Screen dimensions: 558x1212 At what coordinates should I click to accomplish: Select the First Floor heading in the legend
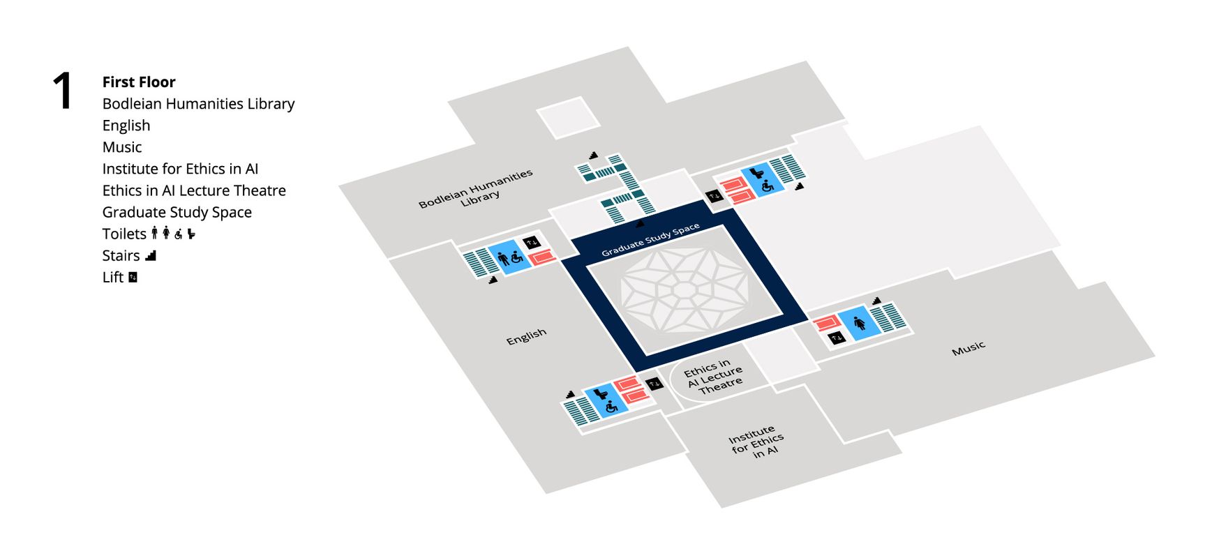pos(139,82)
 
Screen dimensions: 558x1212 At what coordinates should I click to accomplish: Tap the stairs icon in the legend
pos(151,255)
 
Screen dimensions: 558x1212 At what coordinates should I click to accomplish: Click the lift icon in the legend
pos(133,277)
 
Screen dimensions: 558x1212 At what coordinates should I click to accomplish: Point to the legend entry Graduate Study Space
pos(177,212)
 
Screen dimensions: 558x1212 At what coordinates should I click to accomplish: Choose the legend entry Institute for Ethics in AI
pos(180,169)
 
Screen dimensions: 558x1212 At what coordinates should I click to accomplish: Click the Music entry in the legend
pos(122,147)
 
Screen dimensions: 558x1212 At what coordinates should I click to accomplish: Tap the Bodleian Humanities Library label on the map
pos(477,190)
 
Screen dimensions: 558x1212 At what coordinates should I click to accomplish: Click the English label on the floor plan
pos(526,337)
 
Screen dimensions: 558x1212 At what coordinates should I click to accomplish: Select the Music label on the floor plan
pos(968,348)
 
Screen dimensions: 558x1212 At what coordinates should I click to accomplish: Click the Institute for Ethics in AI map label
pos(756,442)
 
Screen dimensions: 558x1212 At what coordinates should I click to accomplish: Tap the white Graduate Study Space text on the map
pos(650,240)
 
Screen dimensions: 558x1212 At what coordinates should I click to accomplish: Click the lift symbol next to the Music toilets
pos(837,338)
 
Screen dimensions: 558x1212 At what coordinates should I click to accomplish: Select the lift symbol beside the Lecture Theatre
pos(654,384)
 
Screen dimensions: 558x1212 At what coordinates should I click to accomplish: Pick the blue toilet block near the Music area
pos(859,323)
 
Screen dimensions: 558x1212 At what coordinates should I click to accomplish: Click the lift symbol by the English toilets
pos(532,242)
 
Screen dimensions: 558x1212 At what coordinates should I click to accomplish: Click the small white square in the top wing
pos(568,117)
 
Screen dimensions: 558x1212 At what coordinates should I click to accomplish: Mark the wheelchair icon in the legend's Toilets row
pos(179,234)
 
